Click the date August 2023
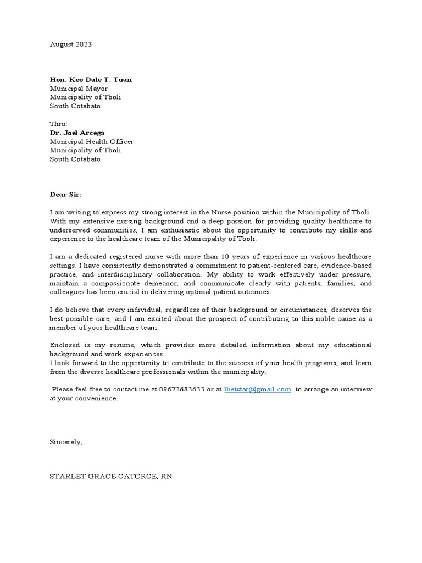[71, 45]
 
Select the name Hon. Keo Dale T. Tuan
[91, 80]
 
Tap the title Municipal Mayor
[79, 89]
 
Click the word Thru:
[58, 124]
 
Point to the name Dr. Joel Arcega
[78, 133]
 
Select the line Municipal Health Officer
[91, 141]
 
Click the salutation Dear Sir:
[65, 194]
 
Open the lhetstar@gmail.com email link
[257, 389]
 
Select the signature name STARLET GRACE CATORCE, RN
[111, 476]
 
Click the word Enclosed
[66, 345]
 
